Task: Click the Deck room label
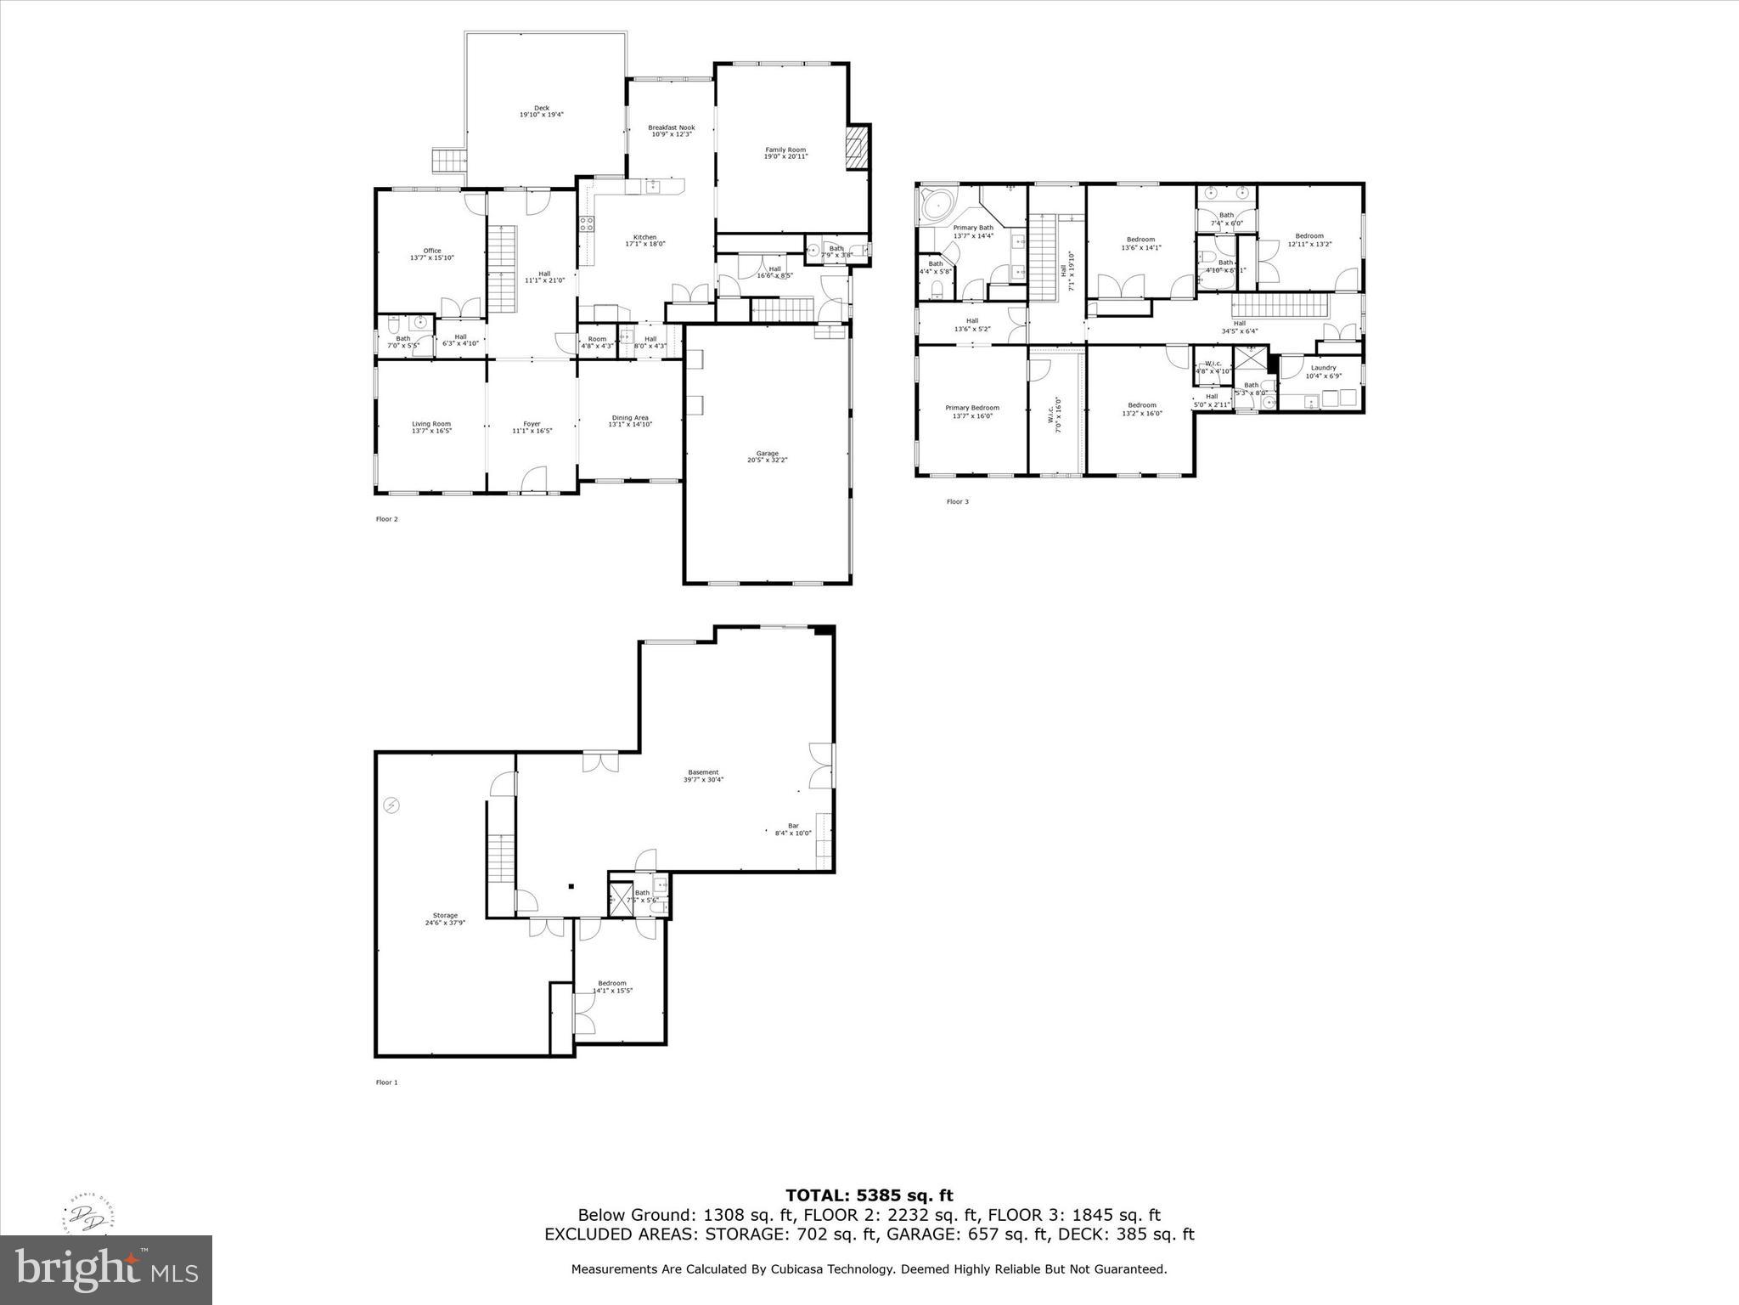(x=542, y=111)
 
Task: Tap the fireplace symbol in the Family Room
(x=858, y=150)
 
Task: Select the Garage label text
(x=767, y=456)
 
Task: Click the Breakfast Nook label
(x=671, y=131)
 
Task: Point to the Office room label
(x=432, y=253)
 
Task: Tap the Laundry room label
(x=1323, y=371)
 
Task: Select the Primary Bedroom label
(x=972, y=411)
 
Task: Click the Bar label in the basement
(x=793, y=828)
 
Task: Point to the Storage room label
(x=445, y=918)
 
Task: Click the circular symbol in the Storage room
(x=391, y=805)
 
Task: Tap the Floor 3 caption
(x=957, y=502)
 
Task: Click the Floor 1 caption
(x=386, y=1082)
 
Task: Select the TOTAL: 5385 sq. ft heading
(x=869, y=1195)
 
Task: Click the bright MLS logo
(x=106, y=1269)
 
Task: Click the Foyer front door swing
(x=532, y=480)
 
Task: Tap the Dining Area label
(x=630, y=421)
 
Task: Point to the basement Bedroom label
(x=611, y=986)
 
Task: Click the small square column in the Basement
(x=571, y=887)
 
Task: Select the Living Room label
(x=431, y=427)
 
